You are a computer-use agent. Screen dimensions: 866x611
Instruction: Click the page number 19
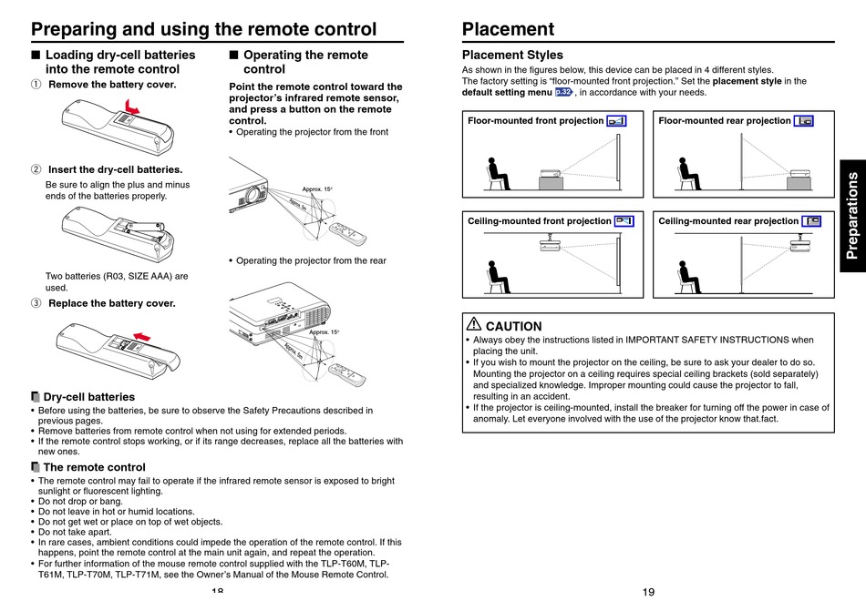click(x=648, y=592)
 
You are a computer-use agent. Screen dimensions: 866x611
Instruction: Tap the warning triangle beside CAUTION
click(x=474, y=323)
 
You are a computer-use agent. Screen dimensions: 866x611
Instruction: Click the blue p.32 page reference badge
click(x=563, y=92)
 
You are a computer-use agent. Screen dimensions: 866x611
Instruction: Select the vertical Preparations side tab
click(x=852, y=216)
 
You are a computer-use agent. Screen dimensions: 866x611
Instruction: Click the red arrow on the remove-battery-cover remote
click(x=132, y=107)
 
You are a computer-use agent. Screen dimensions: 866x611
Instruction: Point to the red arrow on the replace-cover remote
click(x=142, y=336)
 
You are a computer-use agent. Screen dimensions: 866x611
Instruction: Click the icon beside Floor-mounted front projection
click(x=616, y=121)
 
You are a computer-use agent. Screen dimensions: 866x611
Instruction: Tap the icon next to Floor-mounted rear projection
click(x=804, y=121)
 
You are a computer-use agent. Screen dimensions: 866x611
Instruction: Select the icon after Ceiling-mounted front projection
click(x=624, y=221)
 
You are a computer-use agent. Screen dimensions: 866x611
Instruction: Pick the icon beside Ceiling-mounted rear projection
click(x=811, y=221)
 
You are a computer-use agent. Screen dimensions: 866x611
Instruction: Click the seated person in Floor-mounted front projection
click(x=497, y=174)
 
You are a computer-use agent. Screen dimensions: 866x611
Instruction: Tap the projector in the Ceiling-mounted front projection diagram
click(x=550, y=242)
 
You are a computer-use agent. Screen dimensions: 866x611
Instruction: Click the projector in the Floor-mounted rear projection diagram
click(x=799, y=179)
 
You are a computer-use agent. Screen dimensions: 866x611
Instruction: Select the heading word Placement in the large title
click(x=508, y=28)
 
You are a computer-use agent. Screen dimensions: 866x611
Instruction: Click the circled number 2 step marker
click(x=36, y=169)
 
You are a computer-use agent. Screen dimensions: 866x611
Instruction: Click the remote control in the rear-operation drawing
click(x=346, y=374)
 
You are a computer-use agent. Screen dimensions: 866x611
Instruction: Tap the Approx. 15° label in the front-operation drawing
click(x=317, y=189)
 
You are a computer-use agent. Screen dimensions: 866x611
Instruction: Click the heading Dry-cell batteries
click(x=89, y=397)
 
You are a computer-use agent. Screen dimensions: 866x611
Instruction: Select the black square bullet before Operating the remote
click(x=233, y=55)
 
